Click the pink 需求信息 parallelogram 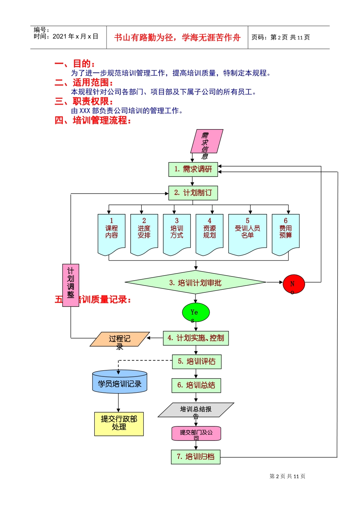(x=207, y=142)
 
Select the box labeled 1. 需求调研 (x=193, y=169)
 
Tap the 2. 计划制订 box (x=193, y=193)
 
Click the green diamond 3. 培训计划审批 (x=196, y=283)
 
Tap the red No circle (x=294, y=284)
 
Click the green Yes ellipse (x=196, y=312)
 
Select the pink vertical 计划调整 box (x=70, y=285)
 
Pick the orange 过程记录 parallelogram (x=120, y=339)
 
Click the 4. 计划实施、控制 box (x=196, y=338)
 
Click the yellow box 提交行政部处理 (x=119, y=423)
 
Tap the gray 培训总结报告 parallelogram (x=196, y=410)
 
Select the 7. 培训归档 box (x=196, y=457)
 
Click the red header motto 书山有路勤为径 (x=177, y=37)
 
